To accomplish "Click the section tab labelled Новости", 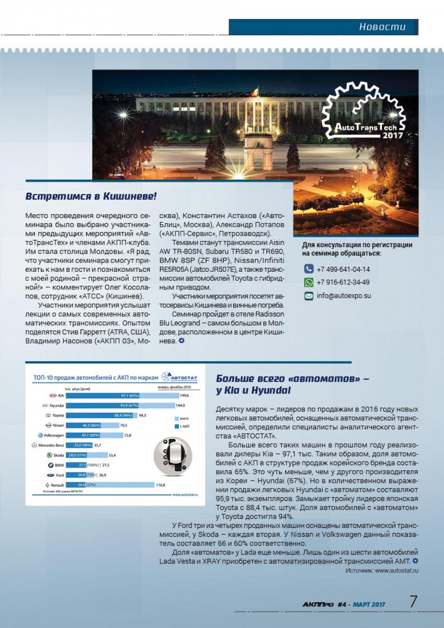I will point(382,27).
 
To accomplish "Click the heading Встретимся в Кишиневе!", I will point(91,196).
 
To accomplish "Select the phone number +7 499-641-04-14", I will point(343,269).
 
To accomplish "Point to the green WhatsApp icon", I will point(309,283).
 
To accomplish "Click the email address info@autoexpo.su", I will point(344,296).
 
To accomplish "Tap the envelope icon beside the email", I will point(309,296).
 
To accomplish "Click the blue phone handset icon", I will point(309,269).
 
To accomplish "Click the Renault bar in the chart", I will point(110,485).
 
